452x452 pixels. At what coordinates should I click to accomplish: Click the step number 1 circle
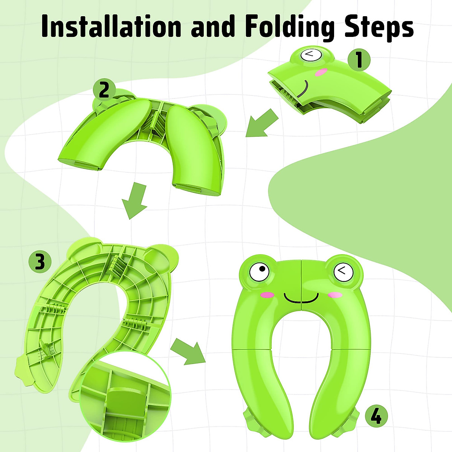[359, 60]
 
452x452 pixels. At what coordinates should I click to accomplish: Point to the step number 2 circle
[104, 90]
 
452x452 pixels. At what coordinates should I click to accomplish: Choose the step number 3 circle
[40, 262]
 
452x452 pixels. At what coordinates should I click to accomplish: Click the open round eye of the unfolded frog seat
[260, 270]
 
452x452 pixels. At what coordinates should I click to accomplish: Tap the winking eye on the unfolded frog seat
[342, 270]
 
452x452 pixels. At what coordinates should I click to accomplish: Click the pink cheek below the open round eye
[266, 295]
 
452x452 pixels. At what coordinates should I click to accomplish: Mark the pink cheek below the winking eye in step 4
[334, 295]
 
